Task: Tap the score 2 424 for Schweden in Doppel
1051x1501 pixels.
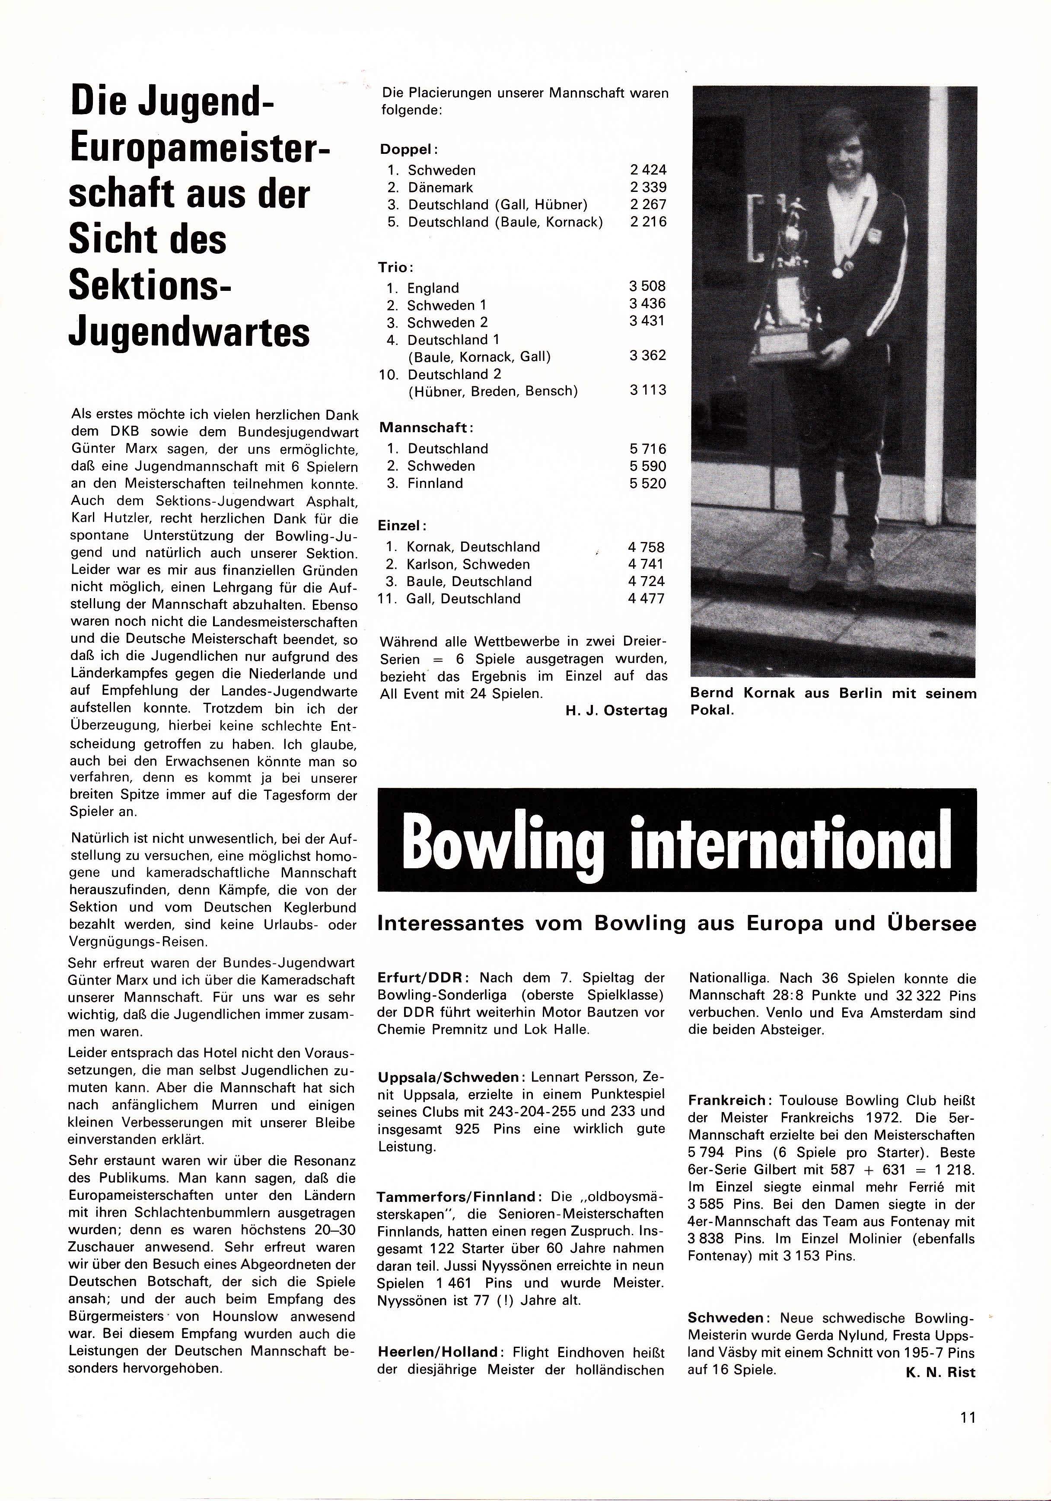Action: coord(648,170)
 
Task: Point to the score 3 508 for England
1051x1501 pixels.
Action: coord(647,287)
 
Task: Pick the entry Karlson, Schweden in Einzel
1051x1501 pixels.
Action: coord(468,564)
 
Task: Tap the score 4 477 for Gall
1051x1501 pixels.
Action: coord(646,599)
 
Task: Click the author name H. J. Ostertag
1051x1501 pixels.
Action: coord(616,711)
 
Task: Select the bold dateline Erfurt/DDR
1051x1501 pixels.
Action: coord(422,978)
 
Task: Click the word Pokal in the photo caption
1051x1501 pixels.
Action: coord(711,711)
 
